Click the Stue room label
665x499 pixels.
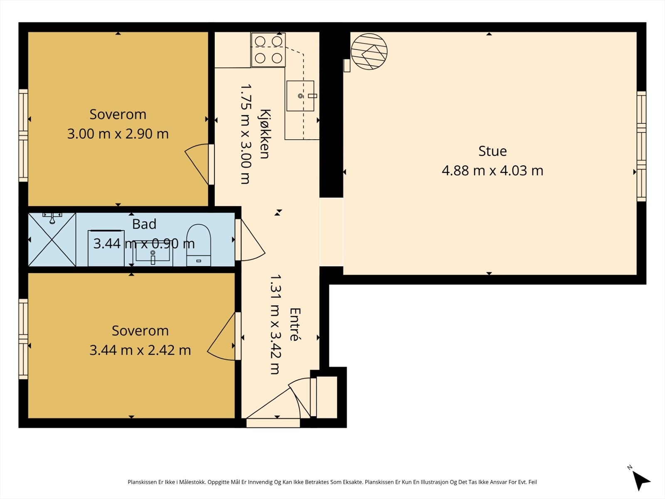493,151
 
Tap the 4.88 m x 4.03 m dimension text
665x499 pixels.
493,170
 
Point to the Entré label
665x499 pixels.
295,324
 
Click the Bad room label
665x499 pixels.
144,224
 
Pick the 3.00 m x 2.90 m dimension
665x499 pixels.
118,134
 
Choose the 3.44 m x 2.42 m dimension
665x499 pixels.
140,350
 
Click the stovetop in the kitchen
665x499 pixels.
268,49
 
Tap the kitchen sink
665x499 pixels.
300,96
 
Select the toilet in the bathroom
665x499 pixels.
198,245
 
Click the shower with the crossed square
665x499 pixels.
52,240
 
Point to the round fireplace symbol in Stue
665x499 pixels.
369,52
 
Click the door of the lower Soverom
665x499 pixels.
221,336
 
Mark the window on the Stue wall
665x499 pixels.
641,146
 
